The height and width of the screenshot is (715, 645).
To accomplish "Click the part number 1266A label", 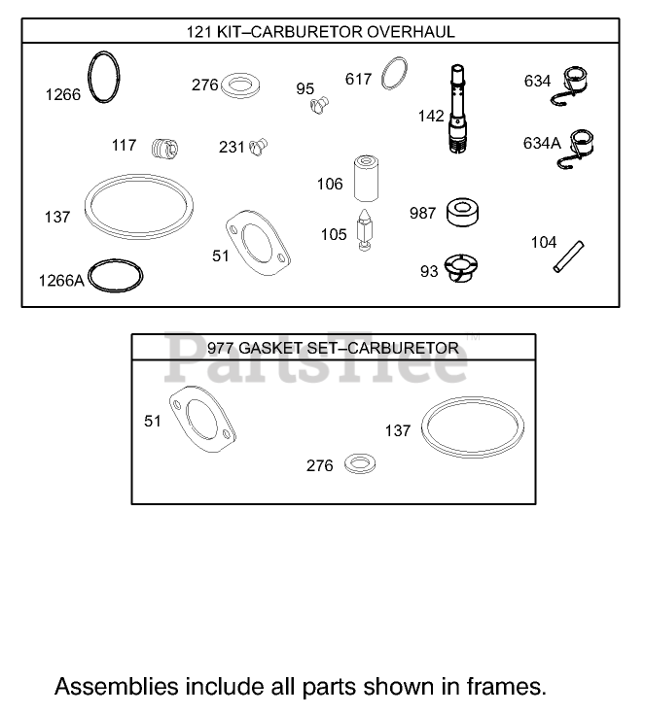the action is coord(61,280).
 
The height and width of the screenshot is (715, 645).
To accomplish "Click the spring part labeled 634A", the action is coord(582,149).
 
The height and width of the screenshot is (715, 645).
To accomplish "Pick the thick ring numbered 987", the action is coord(464,212).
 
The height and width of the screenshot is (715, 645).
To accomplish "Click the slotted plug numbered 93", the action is coord(461,268).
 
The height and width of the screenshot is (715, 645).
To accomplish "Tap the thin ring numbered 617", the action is coord(394,73).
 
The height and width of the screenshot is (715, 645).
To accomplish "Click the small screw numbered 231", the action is coord(258,147).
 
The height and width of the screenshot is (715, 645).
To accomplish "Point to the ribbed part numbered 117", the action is coord(167,150).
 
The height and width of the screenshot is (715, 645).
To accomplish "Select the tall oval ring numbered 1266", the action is coord(103,79).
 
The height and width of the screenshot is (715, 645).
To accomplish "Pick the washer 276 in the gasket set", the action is coord(360,462).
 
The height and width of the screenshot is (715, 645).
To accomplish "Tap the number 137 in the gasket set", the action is coord(398,430).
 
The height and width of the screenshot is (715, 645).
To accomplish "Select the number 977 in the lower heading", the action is coord(221,348).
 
